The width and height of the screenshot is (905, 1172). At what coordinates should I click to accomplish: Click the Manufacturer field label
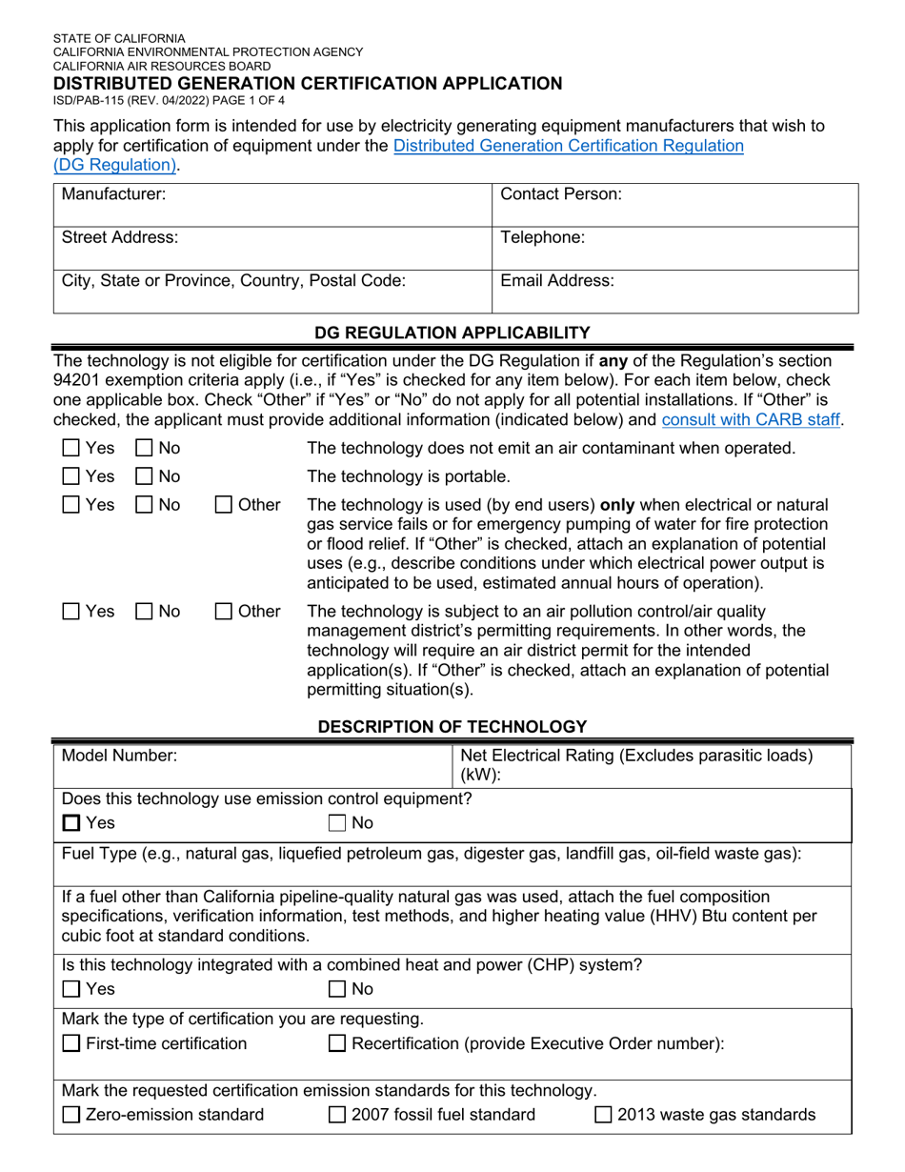click(113, 194)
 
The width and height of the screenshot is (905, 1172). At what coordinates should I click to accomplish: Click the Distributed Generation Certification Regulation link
click(568, 146)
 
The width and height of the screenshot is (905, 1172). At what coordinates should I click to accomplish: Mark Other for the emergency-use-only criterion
click(222, 504)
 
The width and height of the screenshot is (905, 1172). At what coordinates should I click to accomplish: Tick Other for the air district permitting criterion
click(222, 610)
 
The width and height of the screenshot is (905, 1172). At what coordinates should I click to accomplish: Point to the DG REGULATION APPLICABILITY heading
click(452, 332)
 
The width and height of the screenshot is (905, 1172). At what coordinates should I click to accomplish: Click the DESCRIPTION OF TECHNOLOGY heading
click(452, 727)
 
